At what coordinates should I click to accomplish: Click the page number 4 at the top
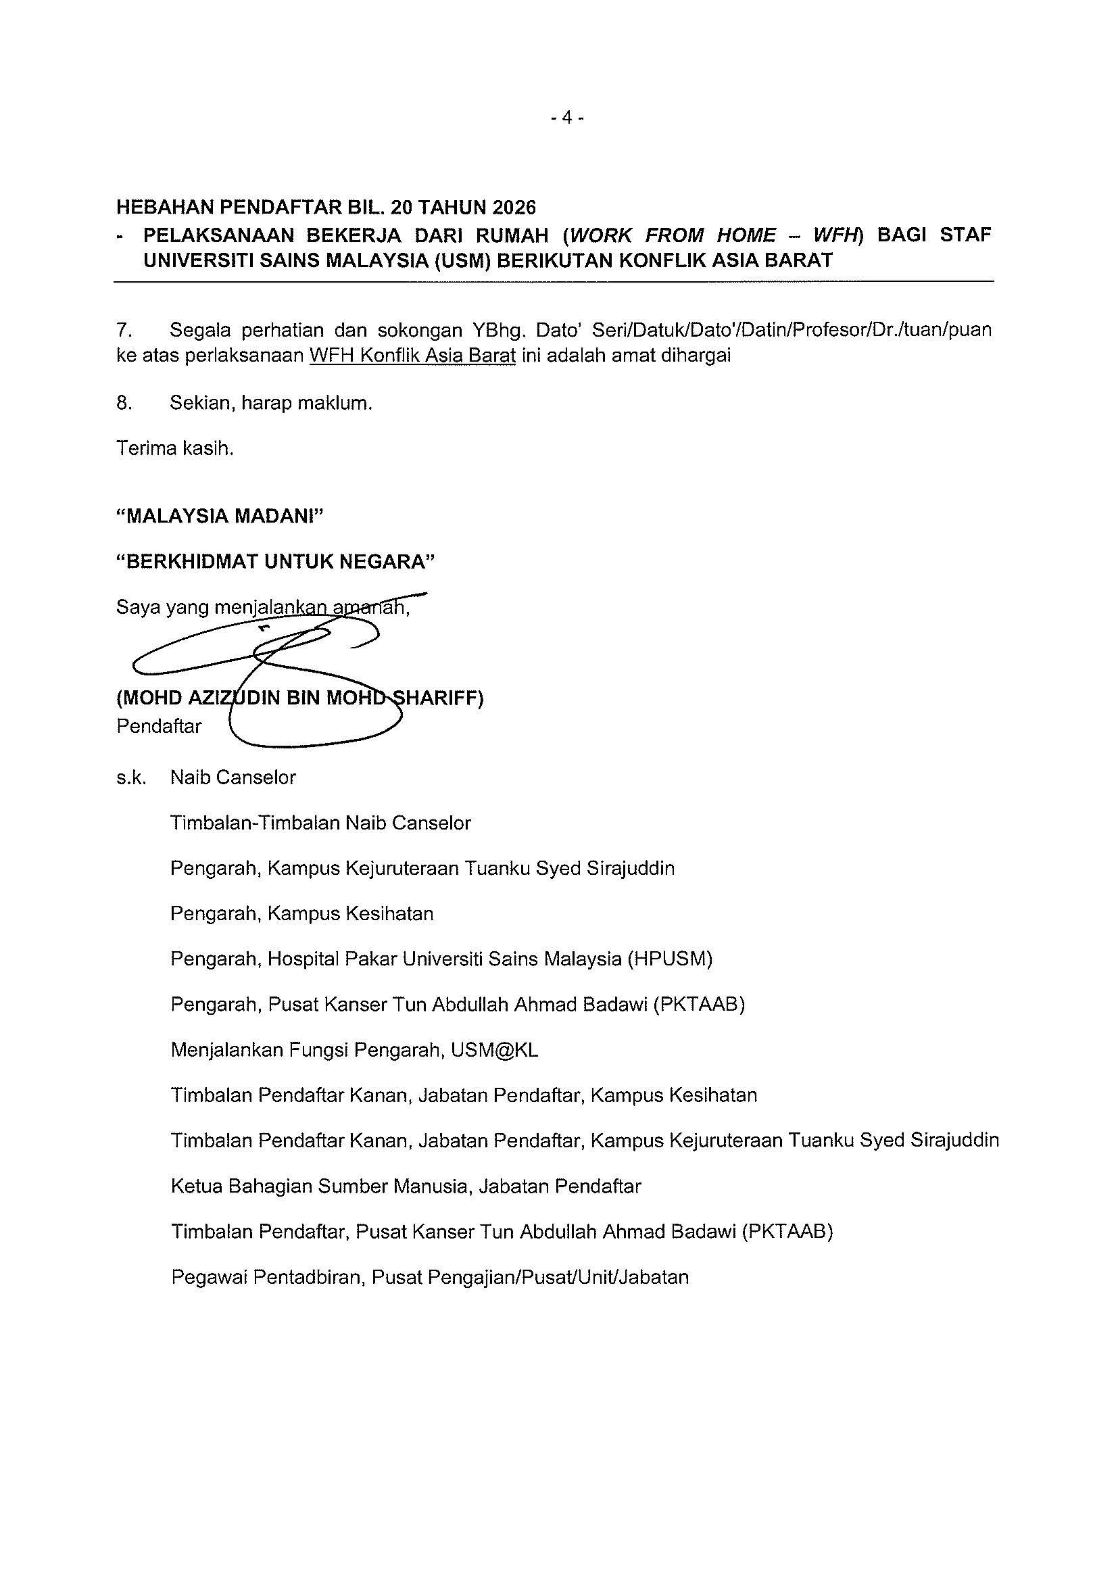click(x=567, y=118)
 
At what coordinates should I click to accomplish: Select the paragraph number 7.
click(x=123, y=330)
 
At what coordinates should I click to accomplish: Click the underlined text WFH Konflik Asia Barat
click(x=412, y=356)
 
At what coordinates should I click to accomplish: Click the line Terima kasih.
click(x=175, y=448)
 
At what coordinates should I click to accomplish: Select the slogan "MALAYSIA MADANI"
click(x=220, y=516)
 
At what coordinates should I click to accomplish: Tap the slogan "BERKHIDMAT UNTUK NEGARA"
click(x=276, y=562)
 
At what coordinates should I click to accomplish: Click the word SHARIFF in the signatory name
click(x=441, y=698)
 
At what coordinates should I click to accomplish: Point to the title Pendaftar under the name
click(x=159, y=726)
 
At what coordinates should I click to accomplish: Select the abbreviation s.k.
click(x=131, y=778)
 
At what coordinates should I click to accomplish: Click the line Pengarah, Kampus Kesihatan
click(x=301, y=913)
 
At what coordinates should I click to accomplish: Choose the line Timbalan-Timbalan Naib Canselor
click(x=320, y=823)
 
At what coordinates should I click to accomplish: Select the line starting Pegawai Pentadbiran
click(x=429, y=1278)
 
